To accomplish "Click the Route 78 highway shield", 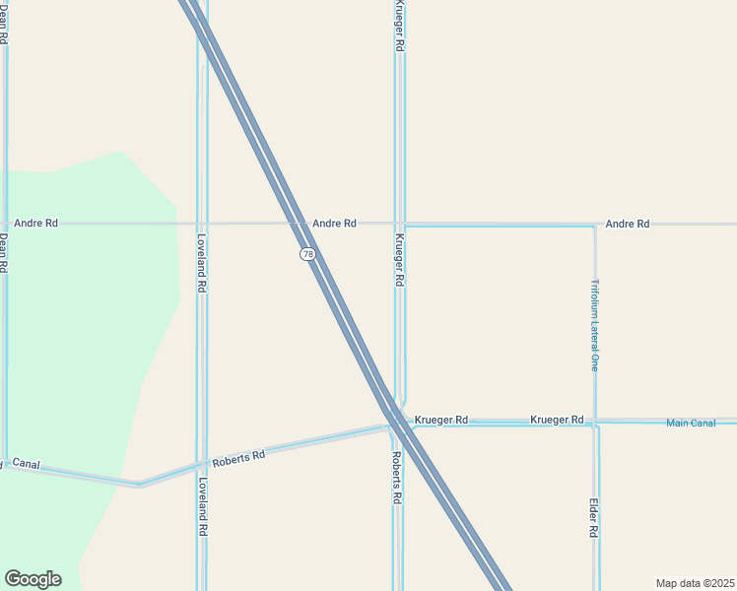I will [308, 254].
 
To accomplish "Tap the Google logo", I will [33, 579].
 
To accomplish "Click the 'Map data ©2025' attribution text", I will [695, 582].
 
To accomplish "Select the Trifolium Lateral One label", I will [594, 325].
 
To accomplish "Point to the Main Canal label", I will [691, 424].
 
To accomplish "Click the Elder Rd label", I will [594, 517].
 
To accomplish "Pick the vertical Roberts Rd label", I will [396, 478].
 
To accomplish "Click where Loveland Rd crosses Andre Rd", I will [202, 224].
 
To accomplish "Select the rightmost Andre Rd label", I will [628, 224].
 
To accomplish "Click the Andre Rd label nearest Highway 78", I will [334, 224].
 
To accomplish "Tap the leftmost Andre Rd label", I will [35, 224].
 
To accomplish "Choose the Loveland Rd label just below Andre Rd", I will [201, 262].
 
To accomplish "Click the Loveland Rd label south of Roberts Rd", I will [202, 506].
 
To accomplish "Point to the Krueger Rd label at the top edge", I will [399, 27].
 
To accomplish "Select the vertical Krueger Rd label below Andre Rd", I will [399, 259].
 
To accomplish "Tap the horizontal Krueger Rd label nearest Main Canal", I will [557, 420].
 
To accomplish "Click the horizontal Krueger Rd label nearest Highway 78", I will [441, 420].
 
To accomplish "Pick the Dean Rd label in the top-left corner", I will [4, 25].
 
